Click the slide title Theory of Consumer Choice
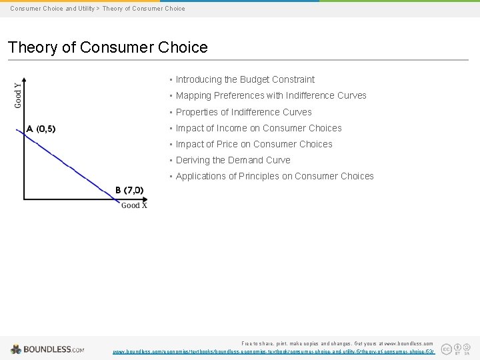point(107,47)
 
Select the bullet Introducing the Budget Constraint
point(245,79)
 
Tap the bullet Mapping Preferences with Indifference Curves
point(271,95)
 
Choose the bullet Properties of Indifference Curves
point(243,112)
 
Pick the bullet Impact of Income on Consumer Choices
point(259,128)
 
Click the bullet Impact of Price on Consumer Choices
point(254,144)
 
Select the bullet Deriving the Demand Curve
point(233,160)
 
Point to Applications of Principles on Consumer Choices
point(275,176)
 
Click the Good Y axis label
point(18,94)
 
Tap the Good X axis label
point(134,205)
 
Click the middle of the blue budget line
point(71,165)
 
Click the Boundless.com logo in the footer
point(47,349)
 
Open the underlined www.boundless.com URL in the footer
point(273,351)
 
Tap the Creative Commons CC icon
point(446,348)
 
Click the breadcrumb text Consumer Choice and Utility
point(52,9)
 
